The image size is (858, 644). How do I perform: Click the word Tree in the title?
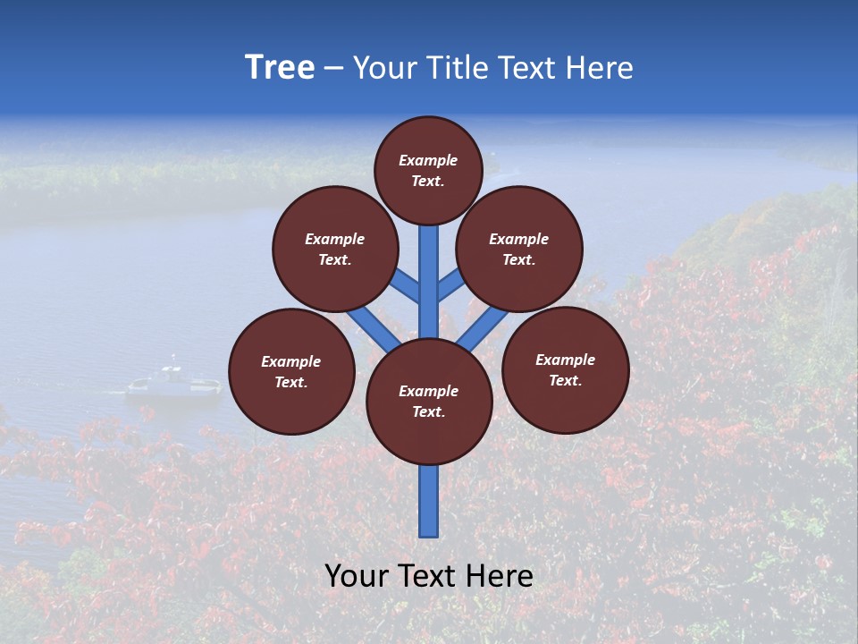(x=280, y=68)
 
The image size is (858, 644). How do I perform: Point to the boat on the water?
(x=173, y=382)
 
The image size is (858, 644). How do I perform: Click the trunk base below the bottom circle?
(x=429, y=501)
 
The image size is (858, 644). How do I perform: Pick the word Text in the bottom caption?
(x=428, y=576)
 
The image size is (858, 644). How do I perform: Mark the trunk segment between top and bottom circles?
(x=429, y=282)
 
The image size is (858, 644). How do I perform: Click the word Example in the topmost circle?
(x=428, y=161)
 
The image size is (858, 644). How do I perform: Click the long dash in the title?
(x=333, y=69)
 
